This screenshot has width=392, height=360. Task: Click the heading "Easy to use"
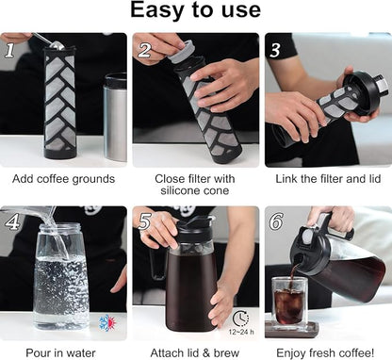click(195, 11)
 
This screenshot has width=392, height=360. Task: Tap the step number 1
click(9, 49)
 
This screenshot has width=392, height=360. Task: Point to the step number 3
click(275, 50)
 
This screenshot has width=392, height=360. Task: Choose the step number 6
click(275, 223)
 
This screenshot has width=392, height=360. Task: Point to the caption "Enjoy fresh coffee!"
click(327, 351)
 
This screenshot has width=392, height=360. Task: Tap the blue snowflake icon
click(106, 322)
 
